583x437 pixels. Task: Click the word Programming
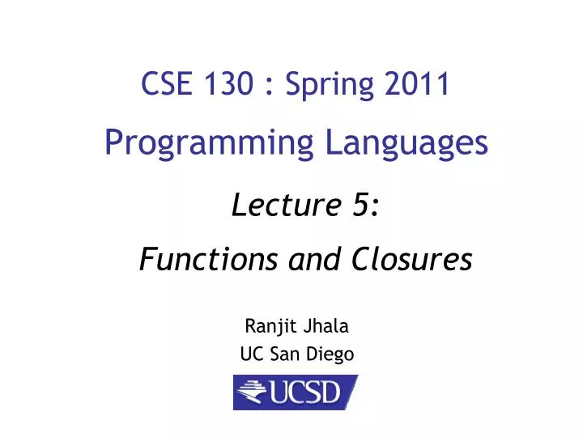[x=209, y=145]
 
